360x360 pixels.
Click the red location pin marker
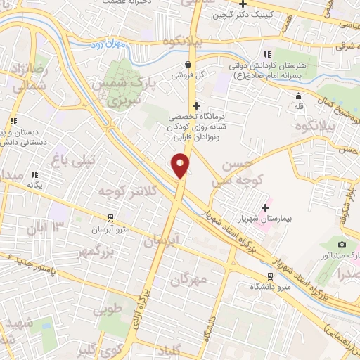(181, 165)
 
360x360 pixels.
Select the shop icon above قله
(299, 96)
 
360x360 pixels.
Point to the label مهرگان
(190, 279)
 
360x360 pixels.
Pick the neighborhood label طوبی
(108, 308)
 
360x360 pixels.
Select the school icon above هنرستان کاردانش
(266, 54)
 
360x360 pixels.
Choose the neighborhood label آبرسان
(162, 240)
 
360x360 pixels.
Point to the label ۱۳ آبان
(45, 228)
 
